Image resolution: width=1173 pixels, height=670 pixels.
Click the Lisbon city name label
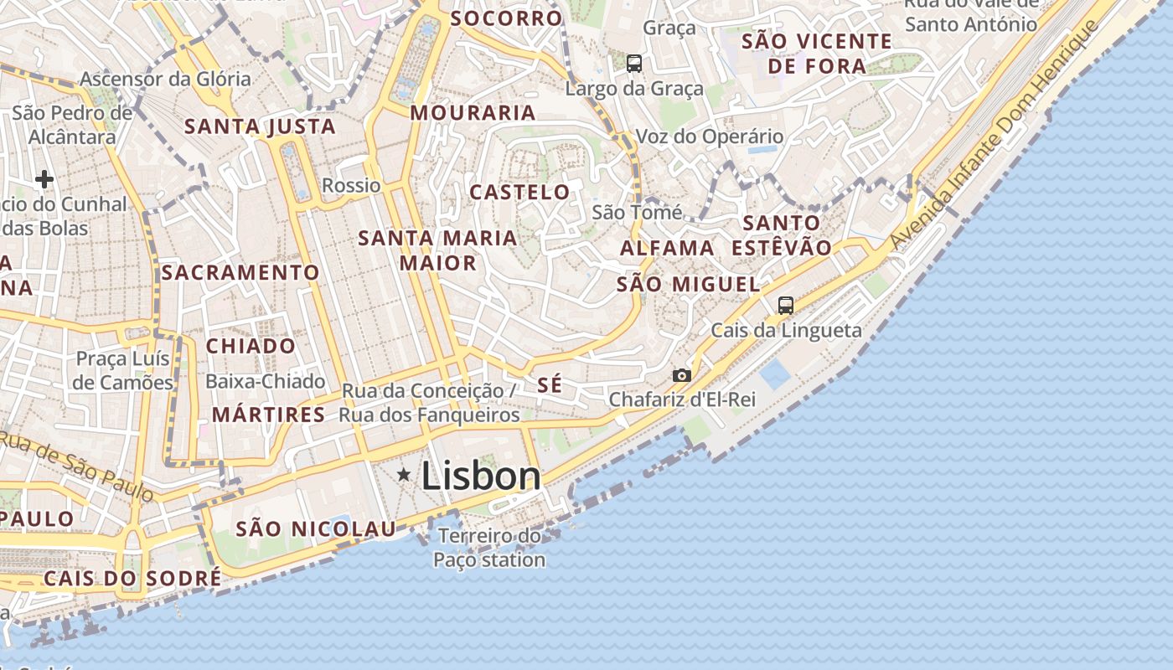point(481,477)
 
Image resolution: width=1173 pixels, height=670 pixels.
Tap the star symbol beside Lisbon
point(404,475)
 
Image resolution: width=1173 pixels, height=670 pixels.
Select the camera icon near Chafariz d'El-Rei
point(682,376)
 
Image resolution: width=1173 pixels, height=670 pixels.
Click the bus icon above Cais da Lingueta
point(785,306)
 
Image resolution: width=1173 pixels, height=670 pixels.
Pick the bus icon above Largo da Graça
point(634,63)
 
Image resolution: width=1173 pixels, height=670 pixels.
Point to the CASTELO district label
point(519,192)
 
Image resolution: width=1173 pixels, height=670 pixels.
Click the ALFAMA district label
point(667,248)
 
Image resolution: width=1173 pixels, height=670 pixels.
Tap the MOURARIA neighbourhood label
point(473,112)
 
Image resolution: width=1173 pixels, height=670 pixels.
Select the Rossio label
point(351,185)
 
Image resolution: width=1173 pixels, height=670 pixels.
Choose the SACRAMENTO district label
point(240,272)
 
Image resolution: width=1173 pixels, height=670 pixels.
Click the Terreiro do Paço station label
point(490,548)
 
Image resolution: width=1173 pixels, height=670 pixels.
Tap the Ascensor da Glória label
point(165,79)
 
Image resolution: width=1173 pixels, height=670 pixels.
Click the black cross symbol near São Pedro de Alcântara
point(44,178)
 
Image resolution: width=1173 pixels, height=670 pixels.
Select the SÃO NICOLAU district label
point(315,528)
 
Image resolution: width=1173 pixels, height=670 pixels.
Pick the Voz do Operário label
point(710,137)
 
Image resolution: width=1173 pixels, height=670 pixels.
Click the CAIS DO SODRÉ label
point(132,578)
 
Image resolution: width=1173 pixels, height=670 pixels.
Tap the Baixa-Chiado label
point(265,382)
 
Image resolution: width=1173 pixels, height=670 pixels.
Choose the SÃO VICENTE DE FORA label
point(817,53)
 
